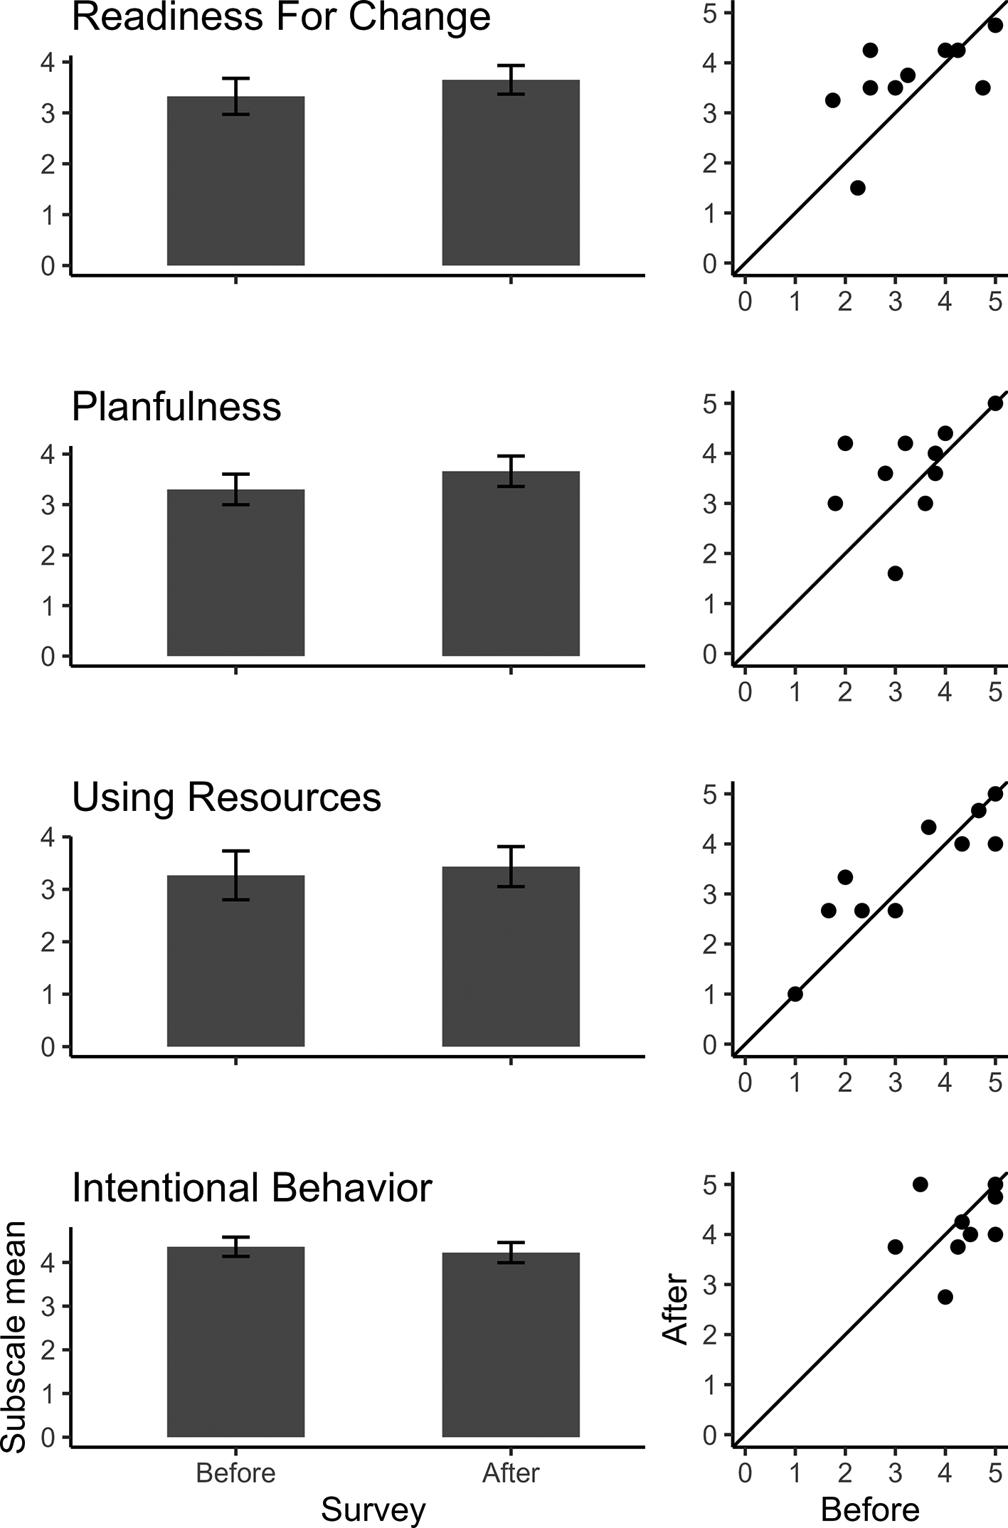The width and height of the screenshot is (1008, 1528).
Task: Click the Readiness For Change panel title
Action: (x=281, y=17)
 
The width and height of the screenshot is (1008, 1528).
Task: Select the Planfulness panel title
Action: (x=176, y=407)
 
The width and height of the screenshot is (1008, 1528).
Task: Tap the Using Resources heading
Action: (x=226, y=797)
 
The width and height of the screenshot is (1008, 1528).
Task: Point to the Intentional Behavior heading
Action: (x=252, y=1187)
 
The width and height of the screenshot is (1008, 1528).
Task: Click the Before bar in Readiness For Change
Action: (x=235, y=181)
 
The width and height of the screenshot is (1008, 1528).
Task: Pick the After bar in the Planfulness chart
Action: (x=511, y=563)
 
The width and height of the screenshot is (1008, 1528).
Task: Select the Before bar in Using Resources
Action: (x=235, y=960)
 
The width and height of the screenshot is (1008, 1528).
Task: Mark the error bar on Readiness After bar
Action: (x=511, y=80)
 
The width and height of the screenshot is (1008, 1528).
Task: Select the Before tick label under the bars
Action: (x=235, y=1473)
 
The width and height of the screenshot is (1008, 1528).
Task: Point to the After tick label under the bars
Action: (x=511, y=1473)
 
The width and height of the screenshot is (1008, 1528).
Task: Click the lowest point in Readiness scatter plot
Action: (x=857, y=188)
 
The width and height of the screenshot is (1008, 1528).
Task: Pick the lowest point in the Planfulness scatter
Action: (x=895, y=573)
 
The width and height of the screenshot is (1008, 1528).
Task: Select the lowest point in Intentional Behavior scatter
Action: (x=945, y=1297)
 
